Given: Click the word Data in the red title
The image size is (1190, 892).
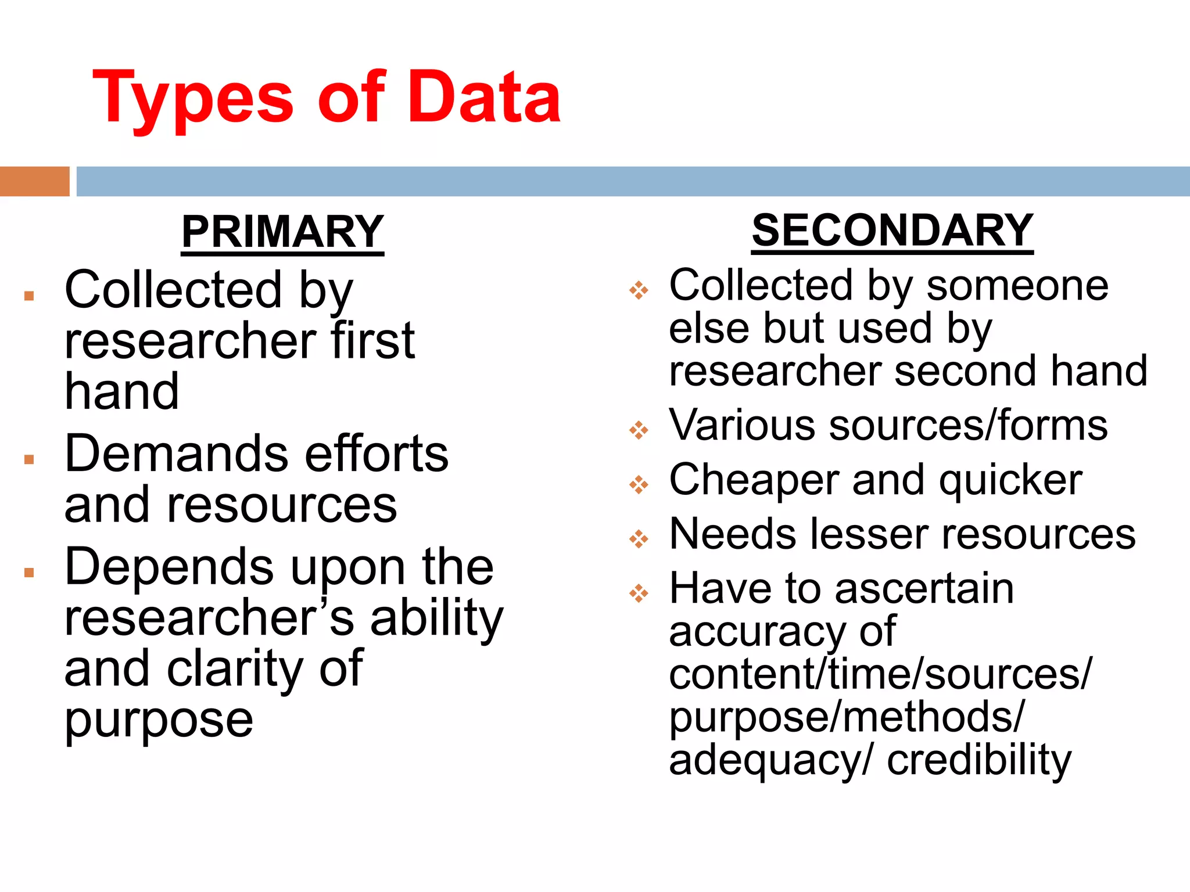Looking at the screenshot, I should [x=484, y=97].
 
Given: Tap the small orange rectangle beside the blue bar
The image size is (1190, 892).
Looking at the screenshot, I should [x=34, y=181].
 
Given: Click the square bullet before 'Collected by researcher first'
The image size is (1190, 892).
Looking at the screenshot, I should [x=29, y=296].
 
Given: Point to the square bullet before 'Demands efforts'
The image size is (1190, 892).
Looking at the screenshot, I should [x=29, y=460].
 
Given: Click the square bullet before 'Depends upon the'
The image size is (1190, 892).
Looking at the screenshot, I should [x=29, y=573].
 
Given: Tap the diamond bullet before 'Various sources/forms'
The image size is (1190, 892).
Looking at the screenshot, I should [x=639, y=430].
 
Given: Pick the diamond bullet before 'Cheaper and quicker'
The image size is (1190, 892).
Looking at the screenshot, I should [x=639, y=484].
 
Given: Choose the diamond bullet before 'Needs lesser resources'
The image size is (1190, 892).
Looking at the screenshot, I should [x=639, y=539].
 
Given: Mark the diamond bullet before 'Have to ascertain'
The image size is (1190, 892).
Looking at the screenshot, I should [x=639, y=593].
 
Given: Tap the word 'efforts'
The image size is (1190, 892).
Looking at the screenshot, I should [x=377, y=454].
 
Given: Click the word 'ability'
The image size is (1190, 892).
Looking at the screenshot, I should [x=436, y=619].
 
